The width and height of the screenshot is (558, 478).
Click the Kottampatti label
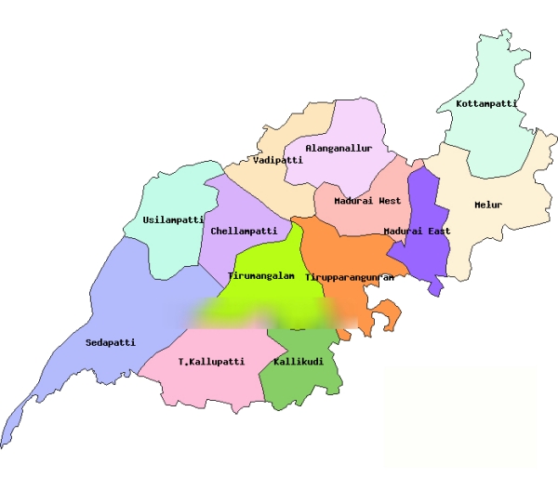[x=486, y=104]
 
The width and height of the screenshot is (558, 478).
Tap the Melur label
[x=488, y=205]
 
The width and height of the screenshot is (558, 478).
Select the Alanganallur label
[x=339, y=148]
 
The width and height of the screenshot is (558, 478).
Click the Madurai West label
[x=367, y=201]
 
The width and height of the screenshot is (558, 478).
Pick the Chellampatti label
[x=244, y=231]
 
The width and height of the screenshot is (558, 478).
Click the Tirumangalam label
[x=261, y=276]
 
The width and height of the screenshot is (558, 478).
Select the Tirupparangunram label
[x=350, y=277]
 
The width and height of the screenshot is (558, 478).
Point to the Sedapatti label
[x=111, y=342]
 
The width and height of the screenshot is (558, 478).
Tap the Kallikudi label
[x=299, y=361]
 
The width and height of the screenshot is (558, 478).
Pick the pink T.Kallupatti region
[x=209, y=381]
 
